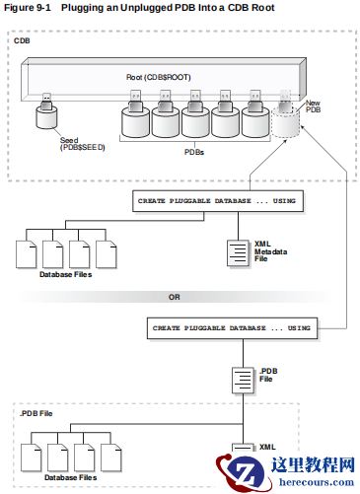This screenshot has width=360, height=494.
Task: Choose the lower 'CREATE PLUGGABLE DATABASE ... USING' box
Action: tap(232, 327)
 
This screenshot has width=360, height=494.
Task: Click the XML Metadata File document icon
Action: tap(239, 253)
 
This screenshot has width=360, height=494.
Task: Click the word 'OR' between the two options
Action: tap(173, 296)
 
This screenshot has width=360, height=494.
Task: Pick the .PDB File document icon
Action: tap(243, 380)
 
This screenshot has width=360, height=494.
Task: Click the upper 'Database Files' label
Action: tap(66, 275)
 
